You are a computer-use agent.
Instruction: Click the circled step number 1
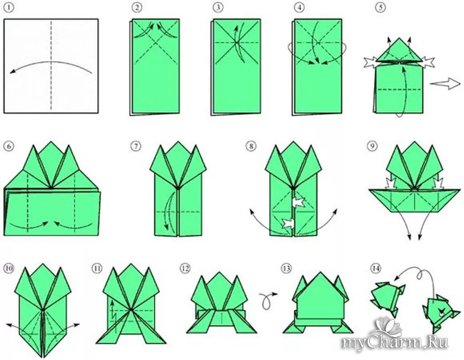[x=9, y=7]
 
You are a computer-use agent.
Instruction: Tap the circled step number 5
[x=380, y=7]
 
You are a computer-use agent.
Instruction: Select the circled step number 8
[x=251, y=146]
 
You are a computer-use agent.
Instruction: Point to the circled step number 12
[x=185, y=269]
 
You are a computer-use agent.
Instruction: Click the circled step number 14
[x=375, y=269]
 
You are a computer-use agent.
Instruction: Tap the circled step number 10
[x=9, y=269]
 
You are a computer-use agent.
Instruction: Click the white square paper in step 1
[x=51, y=66]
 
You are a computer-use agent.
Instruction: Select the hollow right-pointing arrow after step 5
[x=445, y=84]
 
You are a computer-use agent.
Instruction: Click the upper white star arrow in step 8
[x=298, y=203]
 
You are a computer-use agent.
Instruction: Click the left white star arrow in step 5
[x=371, y=63]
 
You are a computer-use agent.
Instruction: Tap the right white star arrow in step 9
[x=438, y=183]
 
